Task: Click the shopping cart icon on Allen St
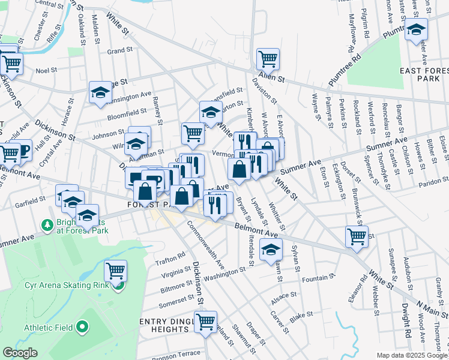point(268,59)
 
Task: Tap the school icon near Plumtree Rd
point(415,29)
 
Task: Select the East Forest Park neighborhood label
point(417,74)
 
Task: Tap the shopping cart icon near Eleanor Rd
point(357,236)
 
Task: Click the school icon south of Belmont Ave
point(271,250)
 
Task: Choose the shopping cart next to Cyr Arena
point(115,271)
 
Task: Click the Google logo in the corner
point(19,353)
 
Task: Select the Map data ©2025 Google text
point(412,355)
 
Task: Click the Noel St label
point(46,70)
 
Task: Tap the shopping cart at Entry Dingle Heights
point(206,322)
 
